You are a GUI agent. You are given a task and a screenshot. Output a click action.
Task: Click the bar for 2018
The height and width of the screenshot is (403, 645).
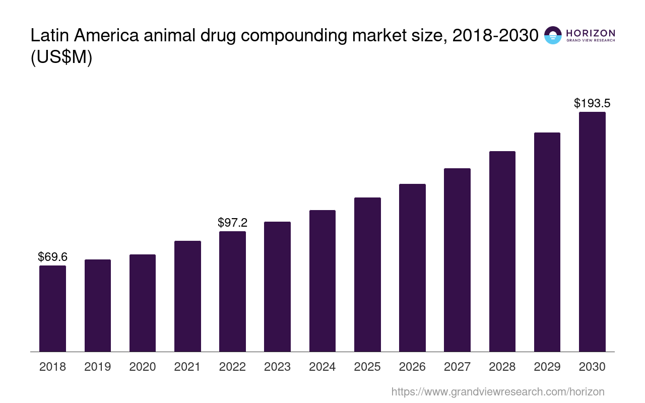[x=52, y=308]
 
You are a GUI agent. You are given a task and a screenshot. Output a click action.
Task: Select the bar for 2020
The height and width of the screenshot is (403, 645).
[x=143, y=303]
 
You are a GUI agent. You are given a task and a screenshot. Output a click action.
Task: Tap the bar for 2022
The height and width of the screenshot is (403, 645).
[x=232, y=291]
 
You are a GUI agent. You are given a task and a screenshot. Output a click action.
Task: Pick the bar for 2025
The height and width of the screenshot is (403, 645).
[x=367, y=275]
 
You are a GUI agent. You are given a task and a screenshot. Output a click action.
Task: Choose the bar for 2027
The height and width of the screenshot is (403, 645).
[x=457, y=260]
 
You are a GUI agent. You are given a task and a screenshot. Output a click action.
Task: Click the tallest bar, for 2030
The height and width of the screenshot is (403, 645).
[x=592, y=232]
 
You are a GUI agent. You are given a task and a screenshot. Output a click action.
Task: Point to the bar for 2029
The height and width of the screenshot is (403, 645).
[x=547, y=242]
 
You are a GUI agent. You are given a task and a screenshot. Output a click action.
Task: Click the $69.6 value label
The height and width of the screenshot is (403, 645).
[x=52, y=257]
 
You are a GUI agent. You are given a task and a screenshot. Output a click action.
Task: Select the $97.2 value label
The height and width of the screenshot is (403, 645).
[x=232, y=222]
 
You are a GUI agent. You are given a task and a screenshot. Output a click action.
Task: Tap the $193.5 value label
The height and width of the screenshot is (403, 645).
[x=592, y=103]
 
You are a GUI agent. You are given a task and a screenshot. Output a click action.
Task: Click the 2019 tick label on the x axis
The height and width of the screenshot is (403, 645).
[x=98, y=367]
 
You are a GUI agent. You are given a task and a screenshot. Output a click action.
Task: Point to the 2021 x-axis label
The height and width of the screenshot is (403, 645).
[x=187, y=367]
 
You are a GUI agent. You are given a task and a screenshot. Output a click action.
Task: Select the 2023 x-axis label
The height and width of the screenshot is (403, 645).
[x=277, y=367]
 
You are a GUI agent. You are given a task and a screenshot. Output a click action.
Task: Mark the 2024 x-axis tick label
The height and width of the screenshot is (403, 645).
[x=322, y=367]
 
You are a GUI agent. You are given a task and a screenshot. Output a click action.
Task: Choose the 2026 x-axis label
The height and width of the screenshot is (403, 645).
[x=412, y=367]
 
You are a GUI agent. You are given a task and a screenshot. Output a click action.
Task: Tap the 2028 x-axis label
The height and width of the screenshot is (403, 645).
[x=502, y=367]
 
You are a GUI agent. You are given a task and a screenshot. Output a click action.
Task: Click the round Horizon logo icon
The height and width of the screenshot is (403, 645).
[x=553, y=35]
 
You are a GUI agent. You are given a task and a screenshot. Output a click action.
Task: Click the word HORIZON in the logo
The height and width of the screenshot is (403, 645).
[x=591, y=33]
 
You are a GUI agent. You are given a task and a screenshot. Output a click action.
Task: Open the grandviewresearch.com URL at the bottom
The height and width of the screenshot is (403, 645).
[x=498, y=391]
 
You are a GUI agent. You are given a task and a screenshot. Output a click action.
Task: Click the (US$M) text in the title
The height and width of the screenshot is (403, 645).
[x=61, y=57]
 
